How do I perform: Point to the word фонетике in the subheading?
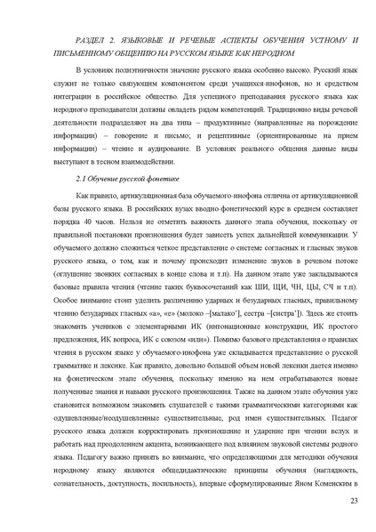(x=168, y=180)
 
